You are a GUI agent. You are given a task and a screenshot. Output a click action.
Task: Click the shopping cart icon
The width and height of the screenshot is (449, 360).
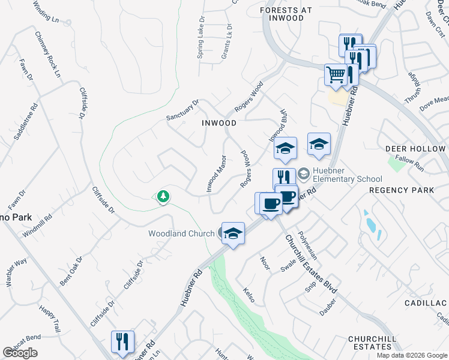(336, 75)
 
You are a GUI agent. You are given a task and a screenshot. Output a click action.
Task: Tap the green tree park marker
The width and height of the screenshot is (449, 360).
(162, 196)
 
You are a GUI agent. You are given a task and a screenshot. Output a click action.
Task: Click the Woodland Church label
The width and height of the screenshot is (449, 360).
(181, 233)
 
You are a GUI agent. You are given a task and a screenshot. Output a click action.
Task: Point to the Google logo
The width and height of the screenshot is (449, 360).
(20, 353)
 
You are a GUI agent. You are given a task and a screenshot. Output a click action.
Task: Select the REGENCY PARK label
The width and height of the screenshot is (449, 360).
(401, 190)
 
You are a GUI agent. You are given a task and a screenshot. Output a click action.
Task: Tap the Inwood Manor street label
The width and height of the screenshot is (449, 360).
(216, 173)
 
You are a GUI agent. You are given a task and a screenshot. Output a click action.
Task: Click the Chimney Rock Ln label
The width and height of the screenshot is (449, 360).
(47, 54)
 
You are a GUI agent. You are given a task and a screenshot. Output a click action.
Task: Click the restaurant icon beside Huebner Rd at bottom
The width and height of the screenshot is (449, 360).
(122, 341)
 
